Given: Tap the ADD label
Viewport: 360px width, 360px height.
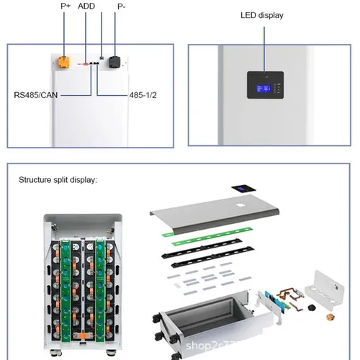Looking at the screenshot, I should point(86,6).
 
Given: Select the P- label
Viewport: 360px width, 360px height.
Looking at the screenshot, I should point(121,6).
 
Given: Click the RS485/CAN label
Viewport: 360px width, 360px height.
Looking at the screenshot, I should point(35,94).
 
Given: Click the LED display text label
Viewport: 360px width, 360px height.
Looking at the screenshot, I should point(261,15).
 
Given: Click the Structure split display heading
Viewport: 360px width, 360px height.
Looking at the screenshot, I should point(58,179).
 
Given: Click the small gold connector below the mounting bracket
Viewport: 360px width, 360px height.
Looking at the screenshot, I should point(332,317).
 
